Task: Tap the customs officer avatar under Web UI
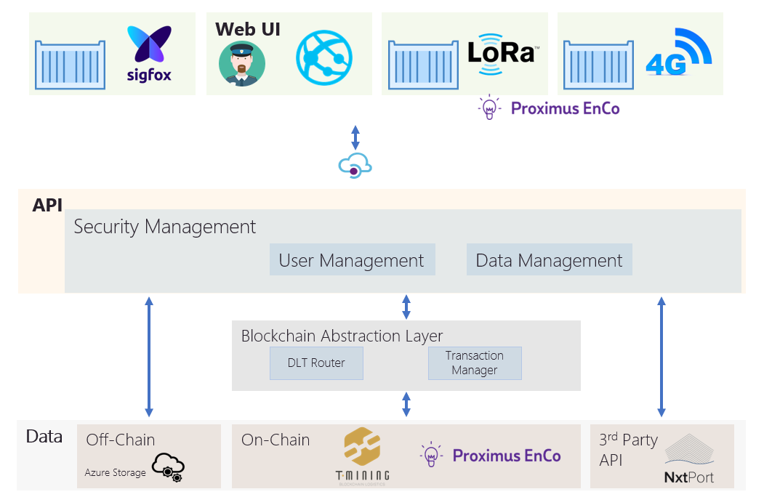click(241, 64)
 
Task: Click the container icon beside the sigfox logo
click(73, 64)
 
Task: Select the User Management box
click(352, 260)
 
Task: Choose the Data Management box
click(549, 260)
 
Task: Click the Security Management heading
click(165, 227)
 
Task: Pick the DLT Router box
click(316, 363)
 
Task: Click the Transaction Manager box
click(474, 363)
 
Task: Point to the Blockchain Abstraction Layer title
click(342, 336)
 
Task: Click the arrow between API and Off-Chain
click(149, 357)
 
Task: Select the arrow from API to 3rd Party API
click(662, 357)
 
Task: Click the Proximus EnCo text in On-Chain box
click(506, 456)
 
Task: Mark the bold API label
click(47, 205)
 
